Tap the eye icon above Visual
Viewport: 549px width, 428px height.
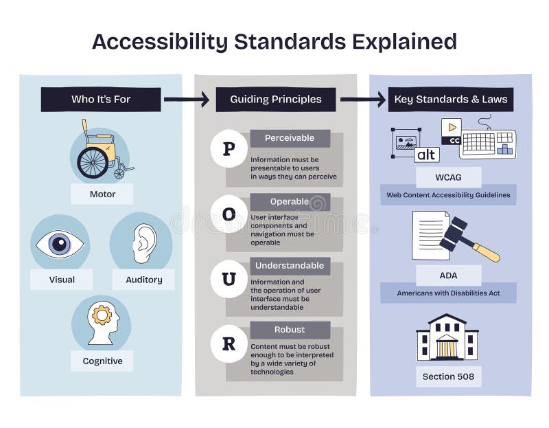tap(60, 245)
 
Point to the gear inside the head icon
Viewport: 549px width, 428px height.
tap(102, 315)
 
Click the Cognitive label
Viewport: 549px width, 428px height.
tap(102, 361)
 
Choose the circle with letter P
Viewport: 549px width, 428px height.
tap(229, 148)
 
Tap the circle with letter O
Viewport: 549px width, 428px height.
tap(229, 214)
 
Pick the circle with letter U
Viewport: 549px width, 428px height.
tap(229, 279)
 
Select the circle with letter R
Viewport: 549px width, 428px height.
tap(229, 343)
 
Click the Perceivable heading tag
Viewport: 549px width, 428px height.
tap(290, 138)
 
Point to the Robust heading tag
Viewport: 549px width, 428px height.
tap(290, 330)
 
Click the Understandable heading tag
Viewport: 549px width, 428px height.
tap(290, 265)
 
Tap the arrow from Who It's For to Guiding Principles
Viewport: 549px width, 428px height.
tap(186, 100)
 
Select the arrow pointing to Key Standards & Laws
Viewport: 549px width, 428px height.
tap(362, 100)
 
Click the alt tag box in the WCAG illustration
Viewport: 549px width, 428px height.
tap(427, 155)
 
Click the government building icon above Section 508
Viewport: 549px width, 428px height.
tap(447, 338)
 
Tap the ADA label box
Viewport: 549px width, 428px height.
tap(448, 275)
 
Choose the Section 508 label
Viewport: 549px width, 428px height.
tap(448, 376)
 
